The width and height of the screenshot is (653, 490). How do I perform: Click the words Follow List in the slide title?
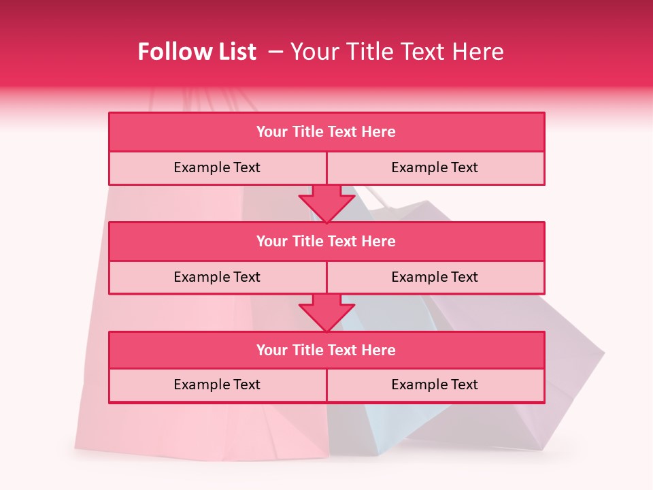coord(197,52)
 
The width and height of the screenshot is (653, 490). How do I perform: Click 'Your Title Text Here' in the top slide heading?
coord(397,52)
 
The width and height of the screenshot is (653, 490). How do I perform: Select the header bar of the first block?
coord(326,132)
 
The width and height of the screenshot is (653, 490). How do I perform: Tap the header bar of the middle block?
coord(326,241)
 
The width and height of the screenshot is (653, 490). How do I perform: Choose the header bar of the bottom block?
coord(326,350)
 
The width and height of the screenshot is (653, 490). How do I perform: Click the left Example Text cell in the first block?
coord(217,167)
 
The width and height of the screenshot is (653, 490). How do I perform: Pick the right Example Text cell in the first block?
coord(435,167)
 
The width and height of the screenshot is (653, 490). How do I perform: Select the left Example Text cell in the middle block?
coord(217,277)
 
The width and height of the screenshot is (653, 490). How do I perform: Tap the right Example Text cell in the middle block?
coord(435,277)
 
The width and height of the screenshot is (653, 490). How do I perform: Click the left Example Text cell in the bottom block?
coord(217,385)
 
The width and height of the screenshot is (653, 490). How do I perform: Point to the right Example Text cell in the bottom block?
coord(435,385)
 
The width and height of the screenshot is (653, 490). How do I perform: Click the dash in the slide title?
coord(275,52)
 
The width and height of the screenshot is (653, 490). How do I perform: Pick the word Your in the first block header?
coord(272,132)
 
